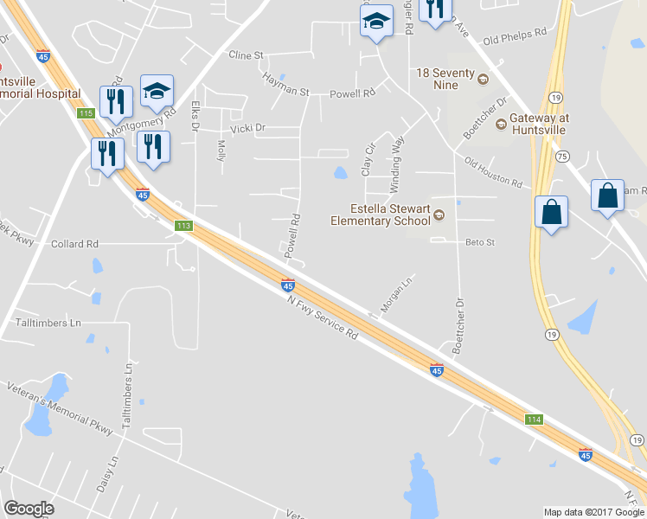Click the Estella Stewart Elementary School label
(x=381, y=215)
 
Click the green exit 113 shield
(x=183, y=226)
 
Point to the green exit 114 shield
(x=535, y=420)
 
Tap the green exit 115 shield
(x=85, y=113)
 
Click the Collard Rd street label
(x=74, y=245)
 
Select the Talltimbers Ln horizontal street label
(x=48, y=323)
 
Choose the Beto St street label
(x=479, y=243)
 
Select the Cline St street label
(x=246, y=55)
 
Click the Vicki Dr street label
(x=247, y=127)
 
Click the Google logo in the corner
(x=29, y=509)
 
